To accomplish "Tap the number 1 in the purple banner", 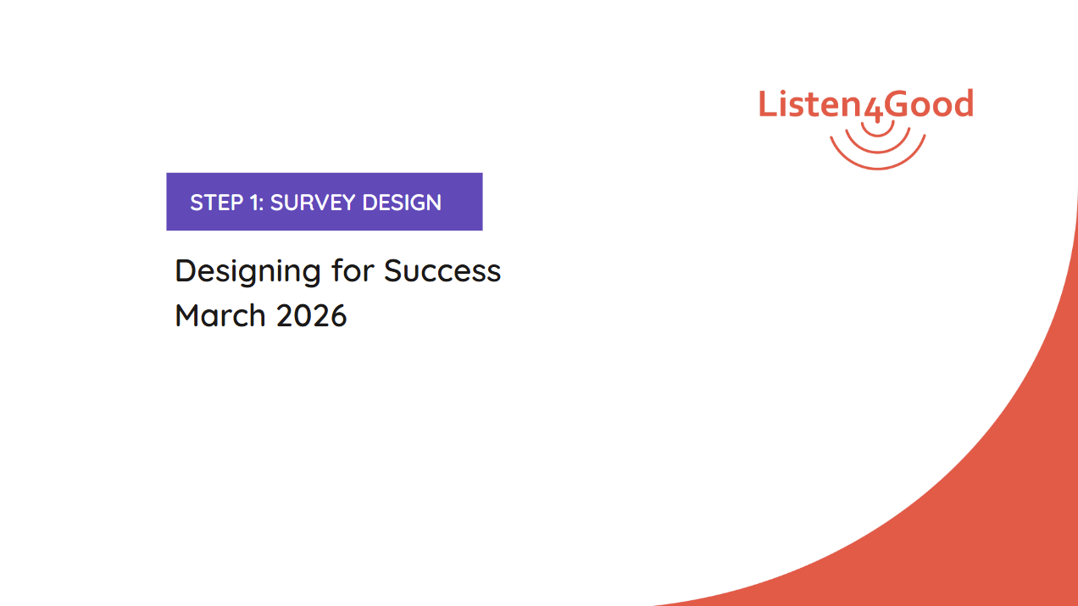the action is click(x=253, y=203).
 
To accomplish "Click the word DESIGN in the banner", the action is click(x=402, y=203).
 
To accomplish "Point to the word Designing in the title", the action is click(x=247, y=272).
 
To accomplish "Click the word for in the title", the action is click(x=353, y=270).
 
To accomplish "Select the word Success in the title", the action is click(x=442, y=271).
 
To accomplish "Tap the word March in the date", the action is click(x=220, y=316).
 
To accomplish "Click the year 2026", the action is click(x=311, y=316).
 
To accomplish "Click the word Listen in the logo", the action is click(x=811, y=103).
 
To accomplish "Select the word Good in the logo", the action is click(x=929, y=103).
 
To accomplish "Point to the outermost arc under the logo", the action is click(x=878, y=168).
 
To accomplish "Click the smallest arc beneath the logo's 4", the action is click(x=878, y=136).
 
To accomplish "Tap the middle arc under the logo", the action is click(x=878, y=152).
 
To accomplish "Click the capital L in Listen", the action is click(x=768, y=103).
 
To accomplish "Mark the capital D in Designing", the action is click(x=186, y=271).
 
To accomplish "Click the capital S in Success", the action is click(x=394, y=271).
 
